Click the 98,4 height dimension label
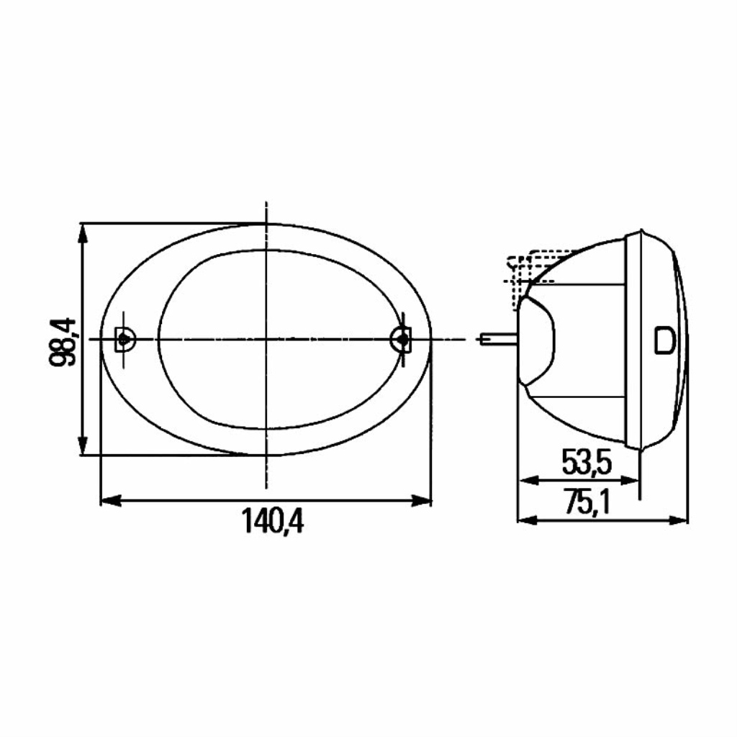tap(62, 342)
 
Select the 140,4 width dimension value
tap(273, 521)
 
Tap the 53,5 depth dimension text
tap(587, 462)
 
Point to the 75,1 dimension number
tap(587, 502)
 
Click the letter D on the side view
tap(664, 340)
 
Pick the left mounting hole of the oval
tap(124, 339)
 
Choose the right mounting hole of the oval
tap(401, 338)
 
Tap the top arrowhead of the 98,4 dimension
tap(83, 233)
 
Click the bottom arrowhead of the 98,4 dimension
tap(83, 445)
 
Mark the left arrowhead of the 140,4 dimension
tap(112, 501)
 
